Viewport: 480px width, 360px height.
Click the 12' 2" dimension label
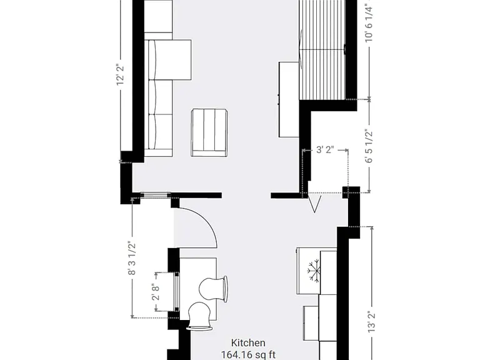(x=121, y=75)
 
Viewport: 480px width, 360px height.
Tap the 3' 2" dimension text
(x=325, y=150)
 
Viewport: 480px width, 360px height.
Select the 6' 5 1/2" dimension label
(x=369, y=146)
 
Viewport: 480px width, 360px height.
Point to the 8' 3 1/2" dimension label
(x=132, y=258)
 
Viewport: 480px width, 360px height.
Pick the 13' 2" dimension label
(x=372, y=322)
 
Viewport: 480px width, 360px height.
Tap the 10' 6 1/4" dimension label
(x=369, y=23)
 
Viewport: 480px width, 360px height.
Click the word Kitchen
(x=248, y=343)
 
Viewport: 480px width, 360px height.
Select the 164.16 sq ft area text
(x=248, y=355)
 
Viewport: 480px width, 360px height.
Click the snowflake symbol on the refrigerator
(x=314, y=271)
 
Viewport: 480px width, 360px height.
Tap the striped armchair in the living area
(x=209, y=132)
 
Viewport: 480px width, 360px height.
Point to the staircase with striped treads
(x=322, y=49)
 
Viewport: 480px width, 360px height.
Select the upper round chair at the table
(x=213, y=289)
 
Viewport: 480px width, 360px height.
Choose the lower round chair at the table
(x=199, y=316)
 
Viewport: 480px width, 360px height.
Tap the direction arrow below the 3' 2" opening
(x=314, y=204)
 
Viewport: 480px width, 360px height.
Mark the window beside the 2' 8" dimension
(x=177, y=292)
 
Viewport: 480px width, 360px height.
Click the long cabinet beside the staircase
(x=289, y=99)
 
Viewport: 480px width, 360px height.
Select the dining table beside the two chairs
(x=198, y=289)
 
